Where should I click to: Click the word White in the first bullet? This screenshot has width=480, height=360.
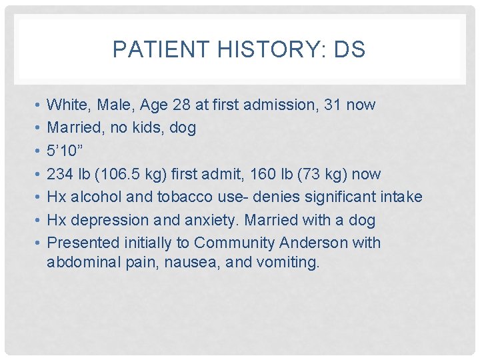click(x=67, y=105)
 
